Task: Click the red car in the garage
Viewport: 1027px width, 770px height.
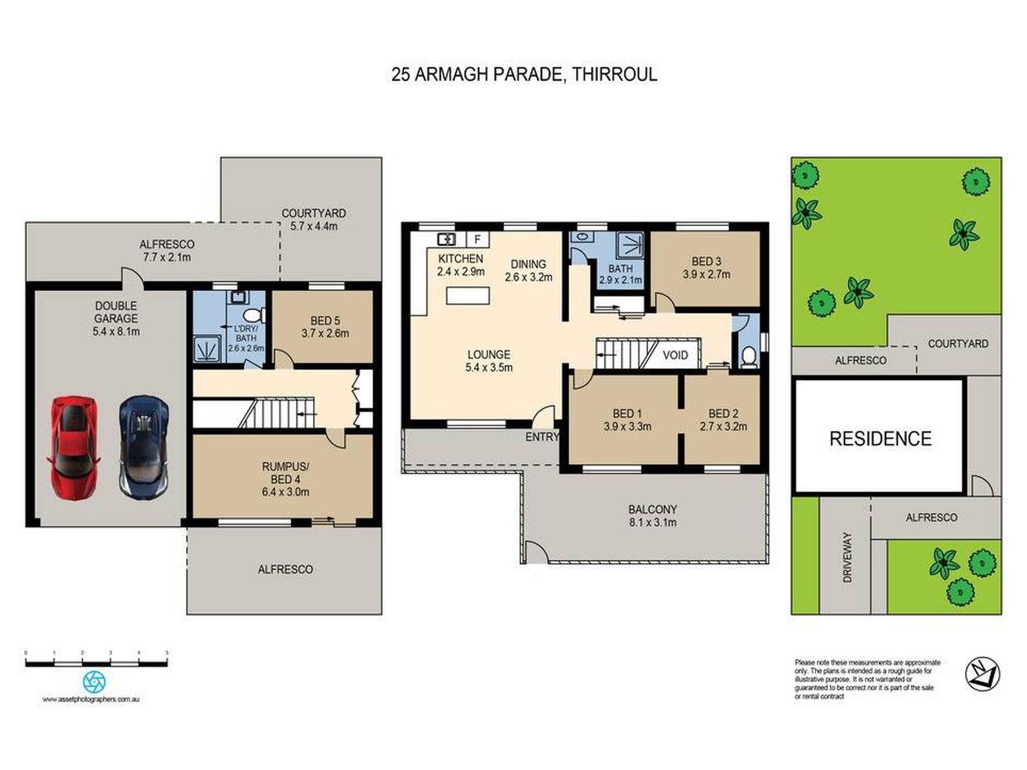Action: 75,450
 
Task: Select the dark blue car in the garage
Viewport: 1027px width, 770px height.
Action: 144,447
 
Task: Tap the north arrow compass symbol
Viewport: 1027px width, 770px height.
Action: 982,674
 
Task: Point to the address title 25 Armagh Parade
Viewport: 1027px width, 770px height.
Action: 524,74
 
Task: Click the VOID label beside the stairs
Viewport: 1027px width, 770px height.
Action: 675,355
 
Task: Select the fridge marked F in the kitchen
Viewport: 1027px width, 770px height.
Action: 478,239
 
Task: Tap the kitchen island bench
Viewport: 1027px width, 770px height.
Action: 468,296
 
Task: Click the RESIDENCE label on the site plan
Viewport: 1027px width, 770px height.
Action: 881,438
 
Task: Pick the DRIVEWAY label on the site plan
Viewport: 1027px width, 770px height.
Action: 847,557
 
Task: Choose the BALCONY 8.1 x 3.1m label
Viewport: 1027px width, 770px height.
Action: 652,515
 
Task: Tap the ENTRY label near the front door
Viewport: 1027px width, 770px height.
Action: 542,437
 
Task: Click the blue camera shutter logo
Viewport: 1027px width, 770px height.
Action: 94,682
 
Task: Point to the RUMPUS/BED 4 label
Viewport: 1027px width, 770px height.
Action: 285,479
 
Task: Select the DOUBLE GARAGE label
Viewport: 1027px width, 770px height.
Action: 116,319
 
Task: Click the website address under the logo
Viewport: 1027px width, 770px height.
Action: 91,699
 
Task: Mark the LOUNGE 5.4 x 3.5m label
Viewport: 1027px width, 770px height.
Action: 489,361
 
